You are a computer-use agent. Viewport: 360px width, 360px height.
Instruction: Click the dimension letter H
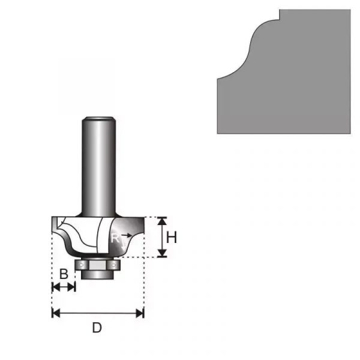coord(171,238)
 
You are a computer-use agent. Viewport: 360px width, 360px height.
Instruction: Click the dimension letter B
coord(64,274)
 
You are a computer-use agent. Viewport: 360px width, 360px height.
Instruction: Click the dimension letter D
coord(97,328)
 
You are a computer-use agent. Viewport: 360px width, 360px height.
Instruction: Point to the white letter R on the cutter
coord(115,238)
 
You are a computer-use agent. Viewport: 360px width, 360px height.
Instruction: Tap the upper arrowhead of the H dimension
coord(163,221)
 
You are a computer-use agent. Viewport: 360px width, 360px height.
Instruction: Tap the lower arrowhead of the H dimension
coord(163,253)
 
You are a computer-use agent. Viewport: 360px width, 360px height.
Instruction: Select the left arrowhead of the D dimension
coord(56,313)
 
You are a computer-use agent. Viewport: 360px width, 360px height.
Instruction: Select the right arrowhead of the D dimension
coord(140,313)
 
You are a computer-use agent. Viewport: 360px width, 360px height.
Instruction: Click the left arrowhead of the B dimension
coord(56,287)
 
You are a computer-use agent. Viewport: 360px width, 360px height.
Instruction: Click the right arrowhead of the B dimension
coord(71,287)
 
